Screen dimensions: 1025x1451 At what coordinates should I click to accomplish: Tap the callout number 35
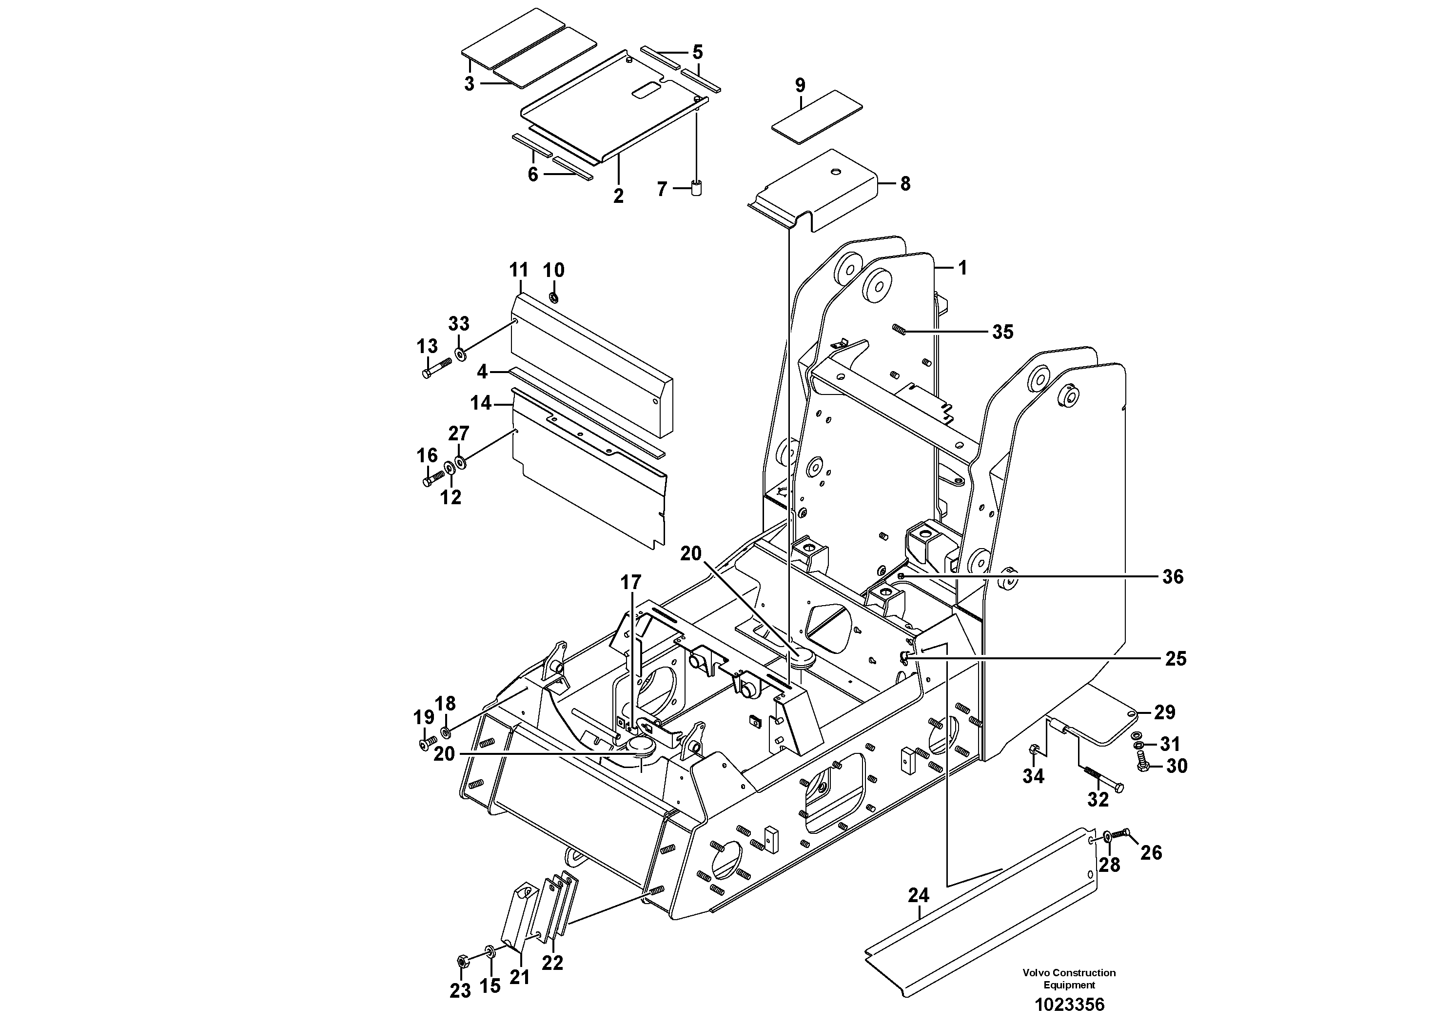(x=1002, y=332)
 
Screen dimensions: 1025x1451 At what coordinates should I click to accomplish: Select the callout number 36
(x=1173, y=576)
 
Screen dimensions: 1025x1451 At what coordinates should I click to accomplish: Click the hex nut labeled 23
(x=461, y=961)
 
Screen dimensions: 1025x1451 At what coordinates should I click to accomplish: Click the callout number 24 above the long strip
(x=918, y=895)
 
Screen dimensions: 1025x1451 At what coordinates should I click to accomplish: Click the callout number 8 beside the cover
(x=905, y=184)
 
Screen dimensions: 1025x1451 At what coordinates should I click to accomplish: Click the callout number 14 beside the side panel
(x=481, y=403)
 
